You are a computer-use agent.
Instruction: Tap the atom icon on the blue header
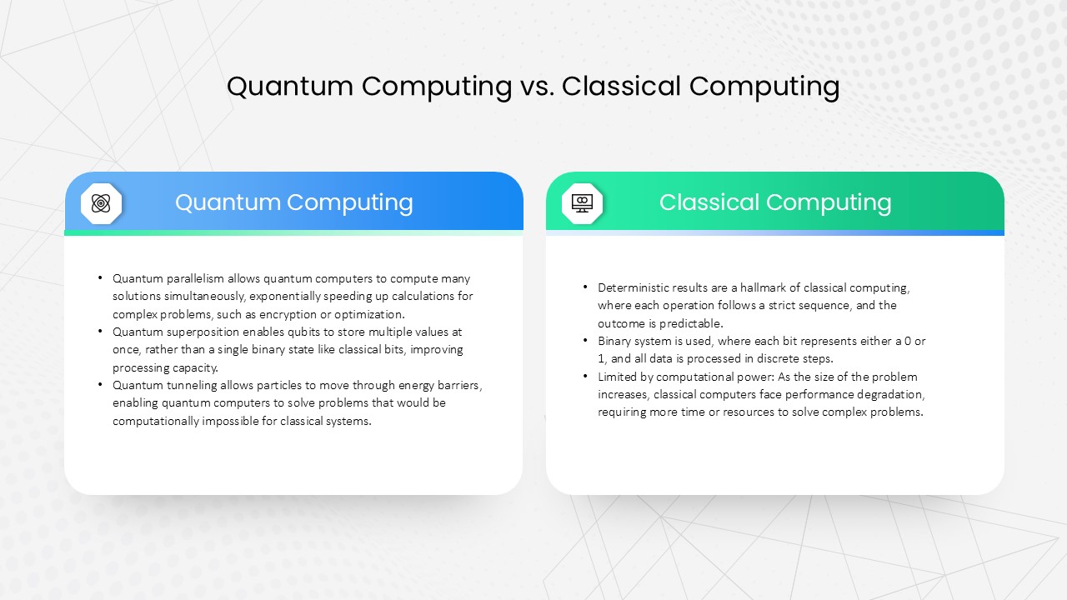coord(101,203)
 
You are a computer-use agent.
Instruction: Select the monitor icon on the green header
coord(582,203)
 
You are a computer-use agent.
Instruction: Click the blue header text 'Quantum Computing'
coord(294,202)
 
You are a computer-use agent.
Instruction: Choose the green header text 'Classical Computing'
coord(775,202)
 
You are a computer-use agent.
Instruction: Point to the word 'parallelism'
coord(195,278)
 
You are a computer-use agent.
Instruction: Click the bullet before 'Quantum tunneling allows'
coord(100,384)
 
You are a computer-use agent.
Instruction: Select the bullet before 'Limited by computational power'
coord(585,376)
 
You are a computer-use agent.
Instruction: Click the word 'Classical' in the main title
coord(621,87)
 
